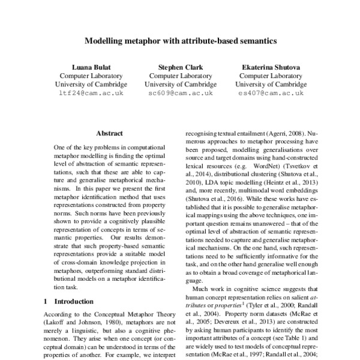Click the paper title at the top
coord(180,42)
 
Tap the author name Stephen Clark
coord(181,67)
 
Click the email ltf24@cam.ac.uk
coord(92,94)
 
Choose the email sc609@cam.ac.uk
coord(181,94)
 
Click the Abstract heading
coord(109,133)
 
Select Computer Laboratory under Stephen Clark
coord(181,76)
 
